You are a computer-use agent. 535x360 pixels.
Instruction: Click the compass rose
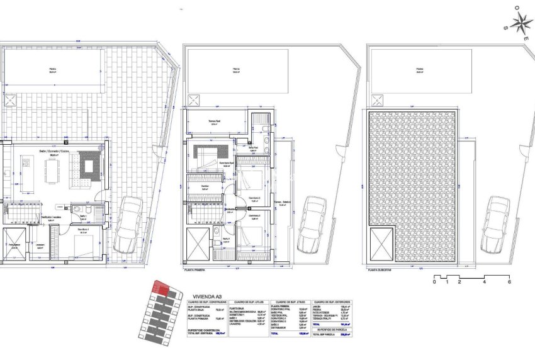(521, 25)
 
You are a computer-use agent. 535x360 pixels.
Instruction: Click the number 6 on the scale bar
(509, 282)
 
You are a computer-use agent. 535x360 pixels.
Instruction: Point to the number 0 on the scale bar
(434, 282)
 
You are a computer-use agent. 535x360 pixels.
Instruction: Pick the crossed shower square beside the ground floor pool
(11, 100)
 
